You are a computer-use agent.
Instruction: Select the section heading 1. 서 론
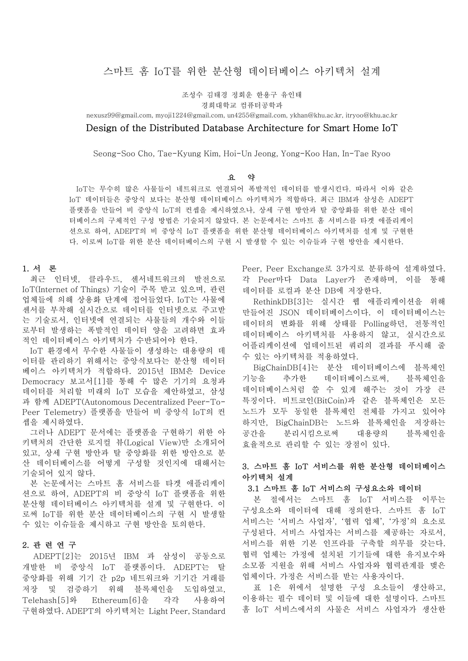tap(40, 269)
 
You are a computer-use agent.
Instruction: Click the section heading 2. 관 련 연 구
tap(49, 545)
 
